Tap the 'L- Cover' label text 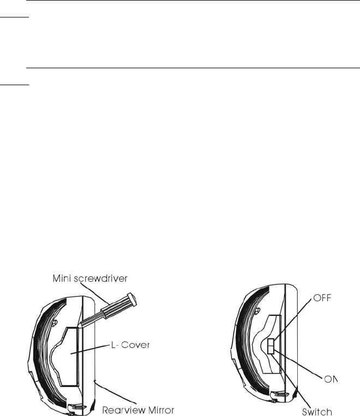(130, 345)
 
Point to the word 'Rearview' (122, 410)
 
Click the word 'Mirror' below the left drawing (159, 410)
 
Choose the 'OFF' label (322, 298)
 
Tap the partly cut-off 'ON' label (331, 379)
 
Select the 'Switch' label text (317, 412)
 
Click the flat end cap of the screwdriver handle (132, 300)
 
